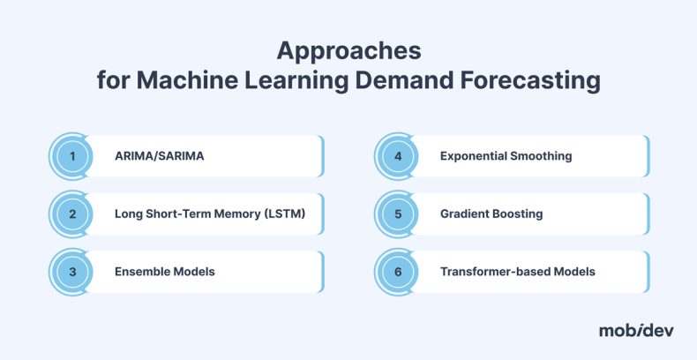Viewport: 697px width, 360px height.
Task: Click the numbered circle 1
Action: (73, 156)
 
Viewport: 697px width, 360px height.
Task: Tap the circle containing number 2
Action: (73, 214)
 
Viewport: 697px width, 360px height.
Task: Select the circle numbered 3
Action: (73, 271)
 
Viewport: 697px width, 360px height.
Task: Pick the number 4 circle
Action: (399, 156)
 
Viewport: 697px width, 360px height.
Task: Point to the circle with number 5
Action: (399, 214)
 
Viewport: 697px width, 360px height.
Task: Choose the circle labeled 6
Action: (399, 271)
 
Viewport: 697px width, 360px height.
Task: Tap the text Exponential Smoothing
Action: (506, 156)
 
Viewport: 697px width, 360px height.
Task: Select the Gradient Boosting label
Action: (491, 214)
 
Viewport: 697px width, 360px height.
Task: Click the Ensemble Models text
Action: (164, 271)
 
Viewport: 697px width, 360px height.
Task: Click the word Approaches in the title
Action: (348, 49)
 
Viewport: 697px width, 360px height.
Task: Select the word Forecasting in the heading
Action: (533, 82)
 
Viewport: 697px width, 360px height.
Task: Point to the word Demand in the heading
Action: (404, 82)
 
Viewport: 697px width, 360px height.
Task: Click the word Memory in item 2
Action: (238, 214)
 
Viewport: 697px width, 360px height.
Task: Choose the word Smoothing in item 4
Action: (541, 156)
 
